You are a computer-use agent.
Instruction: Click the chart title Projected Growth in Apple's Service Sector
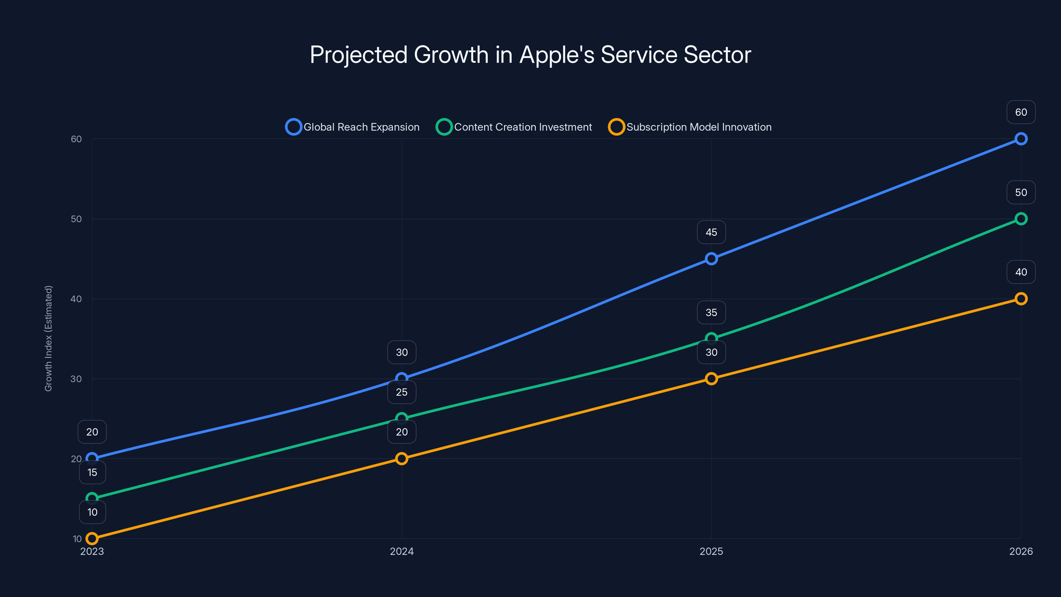pos(530,55)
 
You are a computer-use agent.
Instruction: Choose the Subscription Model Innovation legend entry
pos(690,127)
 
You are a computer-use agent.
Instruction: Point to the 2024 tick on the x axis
pos(402,551)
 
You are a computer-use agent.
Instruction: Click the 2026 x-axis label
pos(1021,551)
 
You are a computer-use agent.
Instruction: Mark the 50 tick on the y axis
pos(76,219)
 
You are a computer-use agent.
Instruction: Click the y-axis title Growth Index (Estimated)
pos(49,338)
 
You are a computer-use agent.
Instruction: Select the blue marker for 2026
pos(1021,139)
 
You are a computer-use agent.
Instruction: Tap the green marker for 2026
pos(1021,219)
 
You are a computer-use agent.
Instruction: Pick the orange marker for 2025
pos(711,379)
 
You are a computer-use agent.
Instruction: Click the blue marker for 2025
pos(711,259)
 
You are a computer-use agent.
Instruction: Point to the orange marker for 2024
pos(402,459)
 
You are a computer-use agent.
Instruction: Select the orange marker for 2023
pos(92,539)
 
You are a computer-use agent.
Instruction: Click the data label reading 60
pos(1021,112)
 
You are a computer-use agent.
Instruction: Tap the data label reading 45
pos(711,232)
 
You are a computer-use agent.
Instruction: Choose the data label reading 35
pos(711,312)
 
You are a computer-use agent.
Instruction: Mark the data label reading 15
pos(92,472)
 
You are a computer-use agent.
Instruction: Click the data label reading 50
pos(1021,192)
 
